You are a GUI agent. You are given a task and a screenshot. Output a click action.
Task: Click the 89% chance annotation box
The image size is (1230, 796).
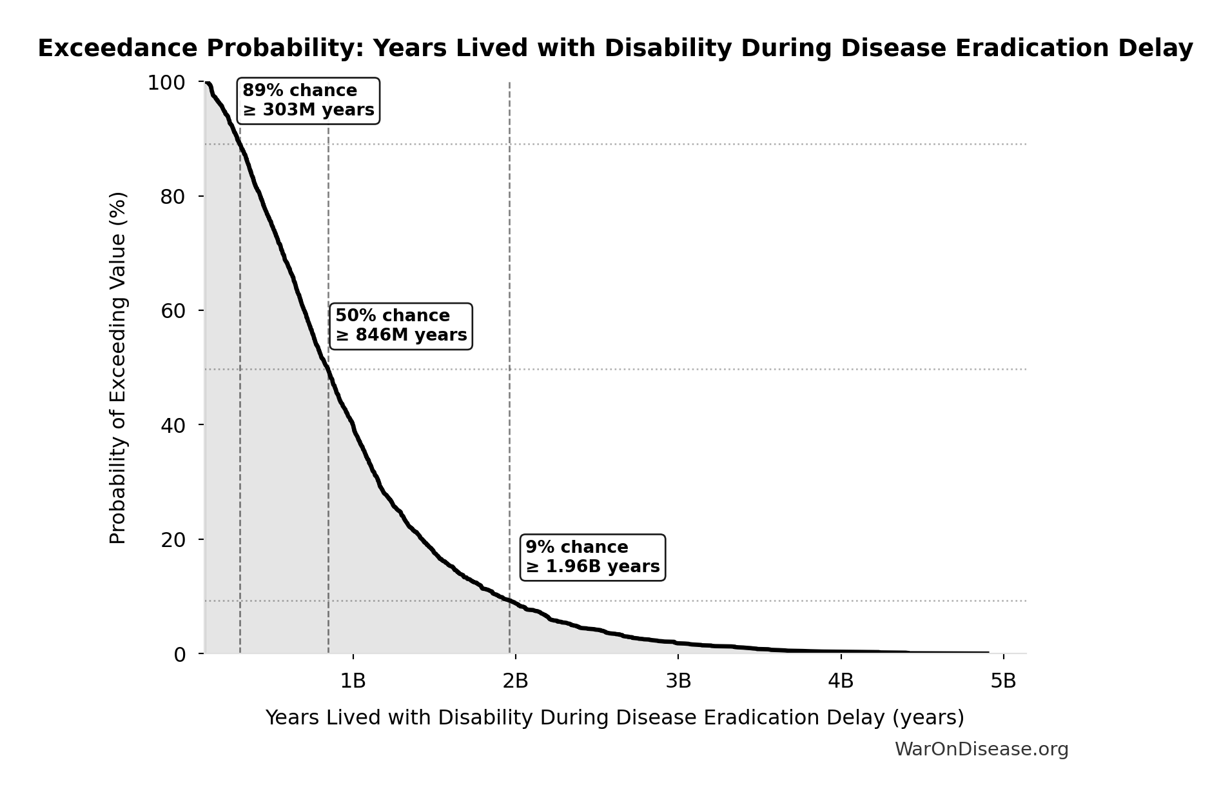coord(308,101)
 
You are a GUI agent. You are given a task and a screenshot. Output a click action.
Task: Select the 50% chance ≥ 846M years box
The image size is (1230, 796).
coord(401,326)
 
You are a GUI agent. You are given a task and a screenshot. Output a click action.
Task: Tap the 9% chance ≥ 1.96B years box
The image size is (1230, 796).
coord(592,557)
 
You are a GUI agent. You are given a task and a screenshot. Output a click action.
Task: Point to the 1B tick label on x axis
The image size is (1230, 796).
coord(353,681)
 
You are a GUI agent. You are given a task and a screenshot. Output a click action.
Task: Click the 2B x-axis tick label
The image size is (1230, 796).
coord(515,681)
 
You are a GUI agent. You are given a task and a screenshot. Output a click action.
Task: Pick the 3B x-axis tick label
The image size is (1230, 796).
coord(678,681)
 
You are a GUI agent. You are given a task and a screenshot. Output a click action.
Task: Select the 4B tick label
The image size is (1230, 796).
coord(841,681)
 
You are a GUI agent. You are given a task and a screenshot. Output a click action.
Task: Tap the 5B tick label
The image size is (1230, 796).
coord(1003,681)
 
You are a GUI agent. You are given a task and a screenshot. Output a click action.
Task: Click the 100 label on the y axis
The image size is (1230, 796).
coord(166,83)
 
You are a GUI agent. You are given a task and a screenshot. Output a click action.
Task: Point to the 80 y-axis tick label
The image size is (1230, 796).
coord(173,197)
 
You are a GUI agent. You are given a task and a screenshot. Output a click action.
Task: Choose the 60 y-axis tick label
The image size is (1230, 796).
coord(173,311)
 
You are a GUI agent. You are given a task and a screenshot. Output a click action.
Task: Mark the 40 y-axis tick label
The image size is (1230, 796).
coord(173,425)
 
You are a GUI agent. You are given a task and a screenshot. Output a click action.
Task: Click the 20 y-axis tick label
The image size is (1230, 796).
coord(173,540)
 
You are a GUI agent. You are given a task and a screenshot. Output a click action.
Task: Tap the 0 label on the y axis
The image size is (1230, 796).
coord(179,655)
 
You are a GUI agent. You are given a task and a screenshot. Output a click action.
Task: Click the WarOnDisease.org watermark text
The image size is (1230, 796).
coord(981,750)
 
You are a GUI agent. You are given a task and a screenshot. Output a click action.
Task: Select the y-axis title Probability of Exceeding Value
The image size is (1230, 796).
coord(118,368)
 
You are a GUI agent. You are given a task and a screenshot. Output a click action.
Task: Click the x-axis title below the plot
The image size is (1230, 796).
coord(614,717)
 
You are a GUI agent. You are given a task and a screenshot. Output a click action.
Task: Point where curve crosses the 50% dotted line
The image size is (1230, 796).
coord(328,370)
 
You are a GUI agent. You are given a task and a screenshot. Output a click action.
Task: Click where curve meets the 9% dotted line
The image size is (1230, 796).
coord(509,601)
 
